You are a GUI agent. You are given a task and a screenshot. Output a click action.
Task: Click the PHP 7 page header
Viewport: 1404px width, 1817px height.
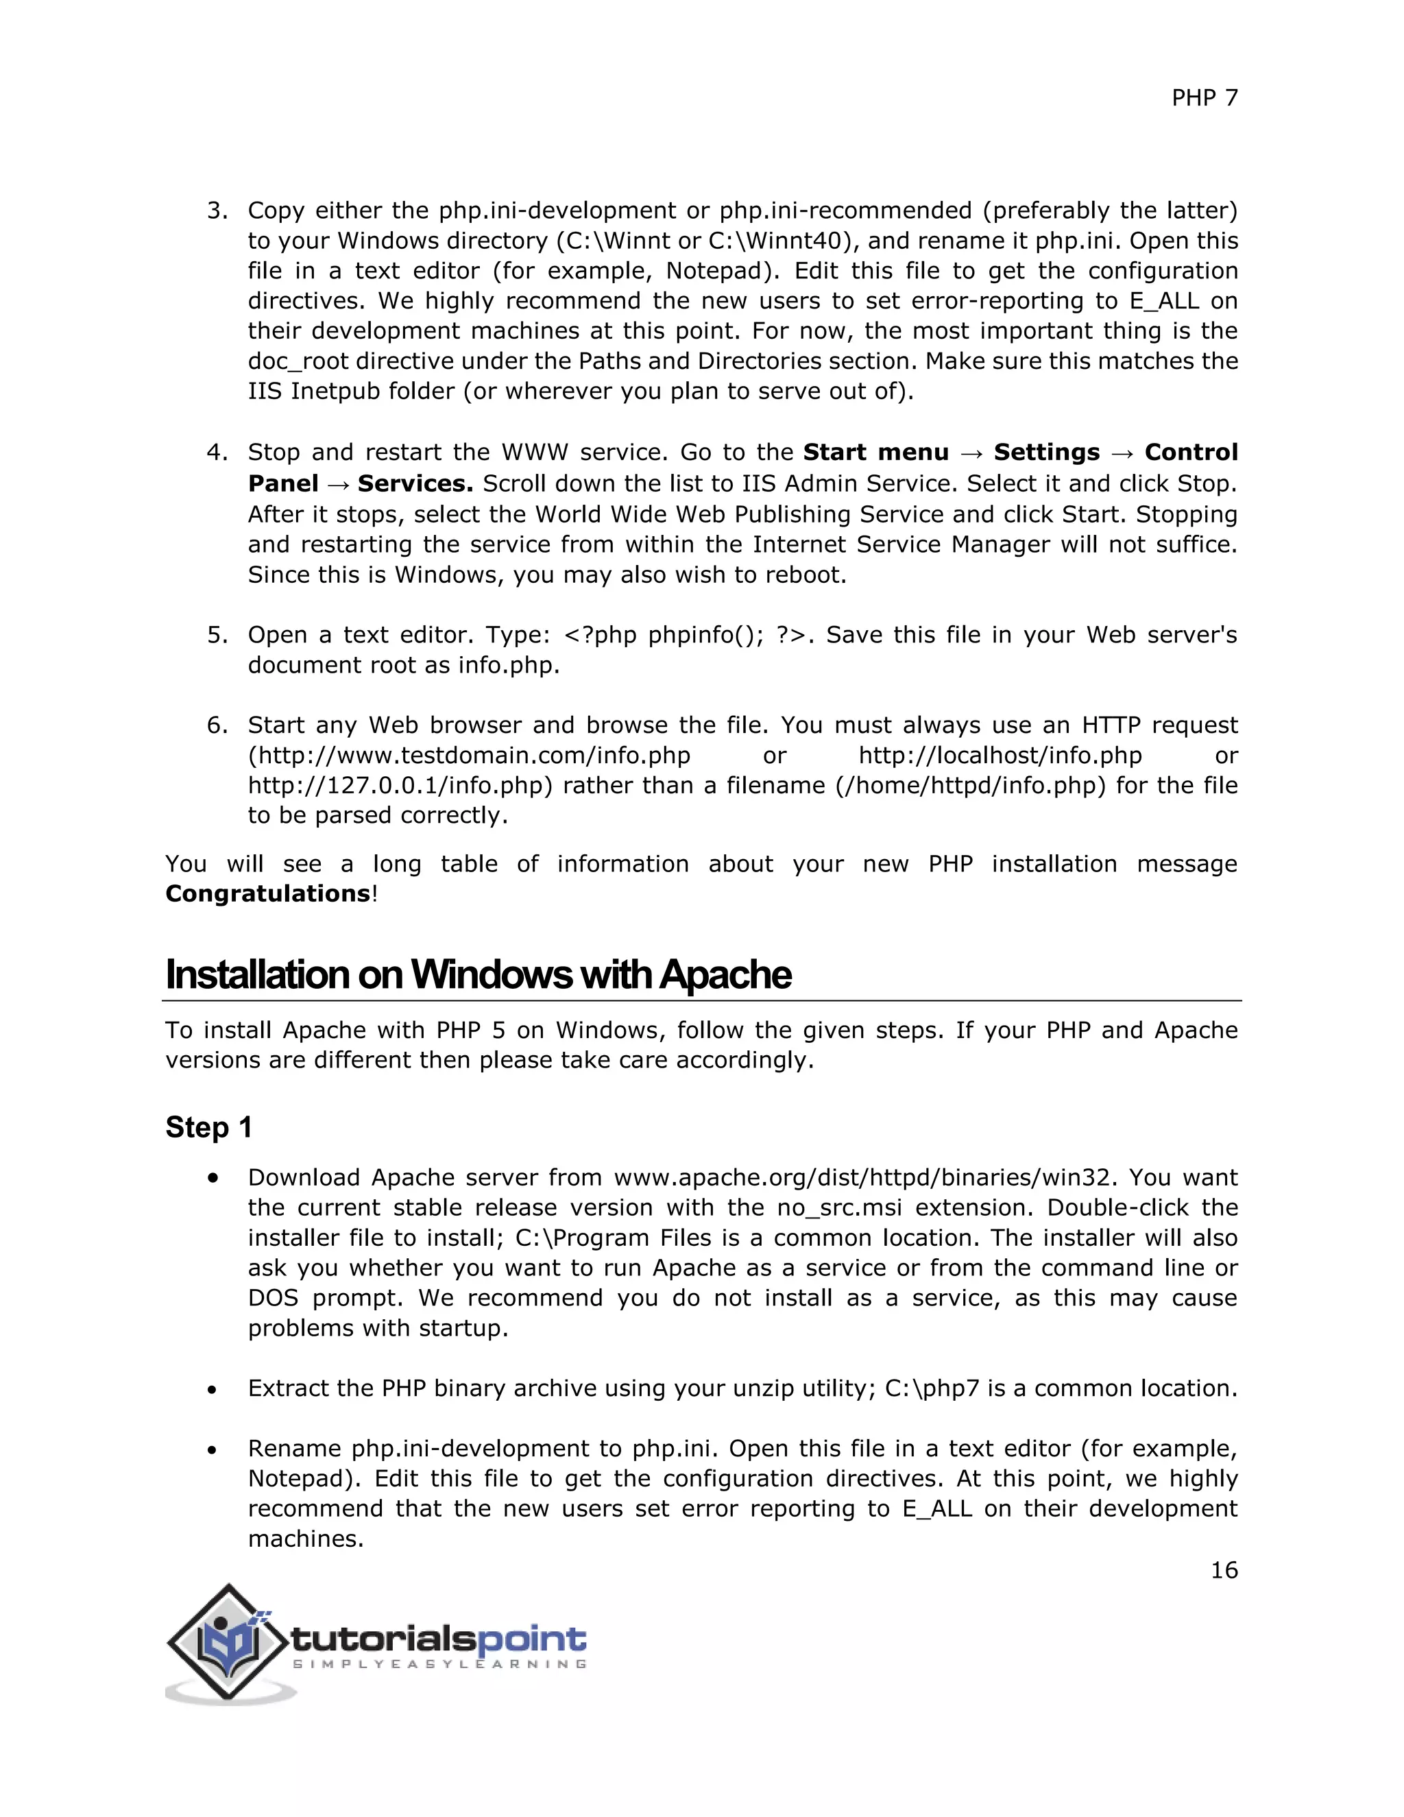point(1204,98)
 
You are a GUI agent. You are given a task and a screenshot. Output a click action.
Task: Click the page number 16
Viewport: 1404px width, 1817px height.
point(1224,1570)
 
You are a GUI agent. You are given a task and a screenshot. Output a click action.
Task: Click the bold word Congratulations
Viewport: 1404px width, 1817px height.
point(267,893)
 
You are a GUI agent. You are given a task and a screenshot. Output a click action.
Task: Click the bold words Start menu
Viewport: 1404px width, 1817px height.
point(875,453)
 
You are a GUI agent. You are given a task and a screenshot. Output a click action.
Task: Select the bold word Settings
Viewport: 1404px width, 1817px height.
point(1046,453)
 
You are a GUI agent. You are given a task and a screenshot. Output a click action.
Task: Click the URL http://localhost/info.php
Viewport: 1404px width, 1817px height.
point(1000,756)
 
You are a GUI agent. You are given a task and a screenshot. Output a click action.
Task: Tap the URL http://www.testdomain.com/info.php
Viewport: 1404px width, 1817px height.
point(469,756)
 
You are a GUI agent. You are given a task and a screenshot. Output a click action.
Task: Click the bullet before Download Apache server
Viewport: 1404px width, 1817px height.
point(214,1178)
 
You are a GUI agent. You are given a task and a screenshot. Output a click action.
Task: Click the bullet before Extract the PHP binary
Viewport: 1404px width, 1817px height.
point(213,1389)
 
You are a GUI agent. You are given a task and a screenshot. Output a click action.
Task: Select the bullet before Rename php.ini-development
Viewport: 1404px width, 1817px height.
point(213,1449)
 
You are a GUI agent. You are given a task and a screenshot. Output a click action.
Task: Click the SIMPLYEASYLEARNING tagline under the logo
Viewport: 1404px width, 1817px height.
point(440,1664)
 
